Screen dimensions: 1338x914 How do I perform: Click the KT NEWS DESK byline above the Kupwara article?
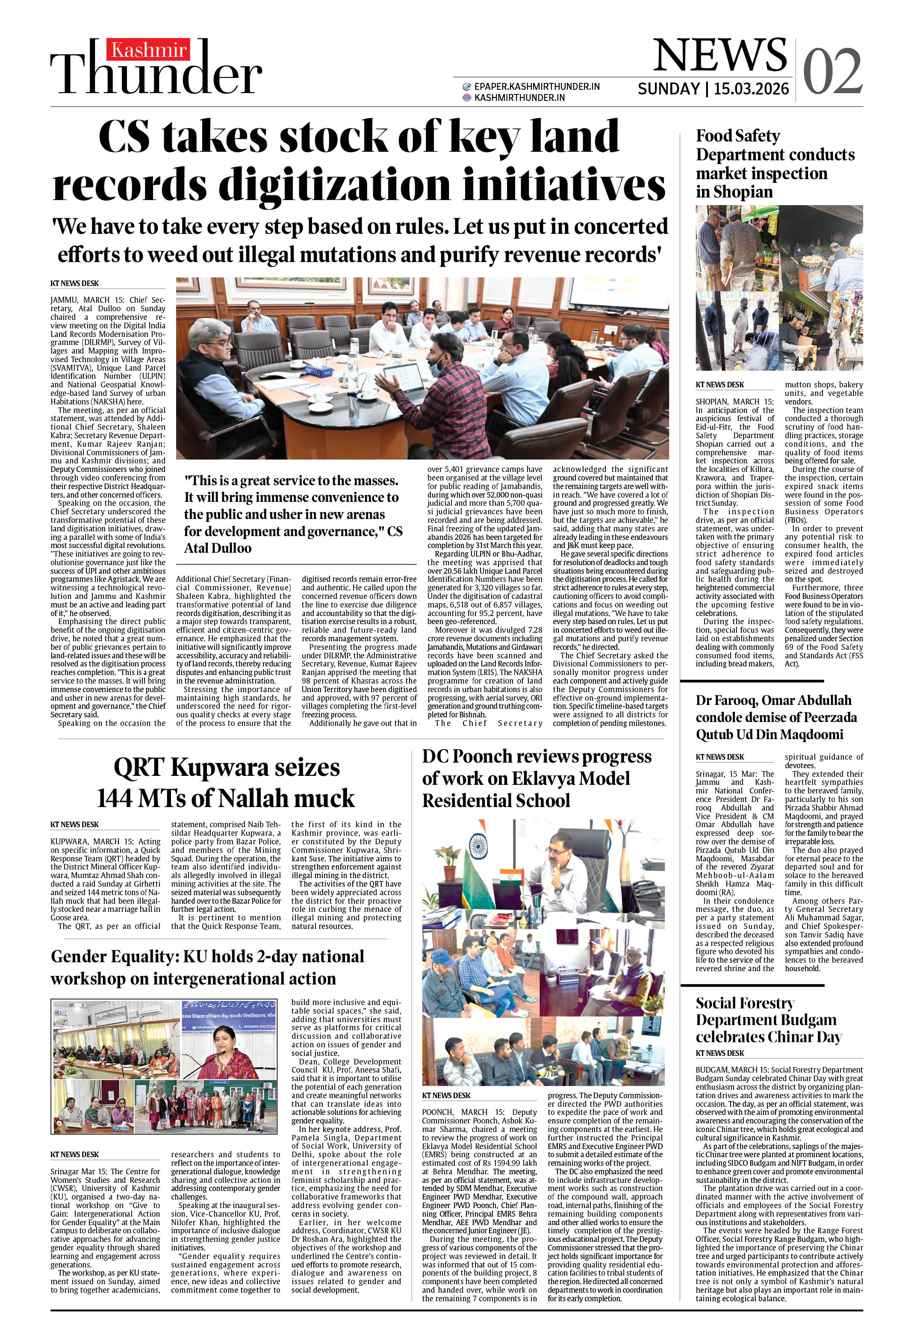point(74,825)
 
